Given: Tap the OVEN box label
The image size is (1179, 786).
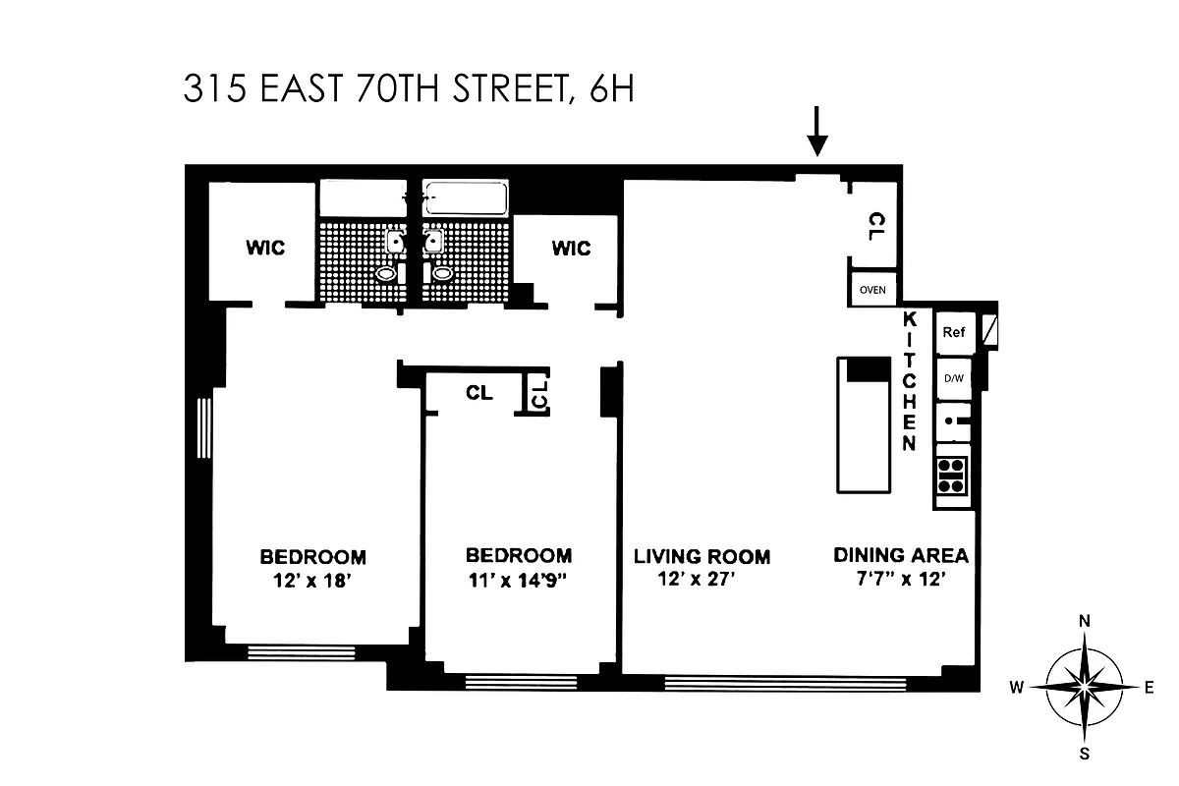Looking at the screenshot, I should pyautogui.click(x=872, y=290).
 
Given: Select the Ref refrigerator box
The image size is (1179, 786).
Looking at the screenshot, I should pyautogui.click(x=953, y=332).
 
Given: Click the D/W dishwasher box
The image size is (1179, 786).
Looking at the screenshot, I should pyautogui.click(x=953, y=378).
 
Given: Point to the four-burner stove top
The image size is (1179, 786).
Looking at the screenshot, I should pyautogui.click(x=951, y=476).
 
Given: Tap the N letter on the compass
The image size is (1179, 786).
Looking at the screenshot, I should pyautogui.click(x=1086, y=621).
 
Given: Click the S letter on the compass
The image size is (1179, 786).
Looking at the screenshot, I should pyautogui.click(x=1086, y=755).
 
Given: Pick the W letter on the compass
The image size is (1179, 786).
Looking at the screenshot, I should pyautogui.click(x=1019, y=688).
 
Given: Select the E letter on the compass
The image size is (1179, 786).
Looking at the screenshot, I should pyautogui.click(x=1150, y=688).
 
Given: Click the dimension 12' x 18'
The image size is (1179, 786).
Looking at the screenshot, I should pyautogui.click(x=312, y=580).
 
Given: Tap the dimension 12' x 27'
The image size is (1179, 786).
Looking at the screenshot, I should pyautogui.click(x=698, y=580).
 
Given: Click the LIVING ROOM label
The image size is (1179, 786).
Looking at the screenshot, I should pyautogui.click(x=702, y=556).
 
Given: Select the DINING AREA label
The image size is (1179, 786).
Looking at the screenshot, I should pyautogui.click(x=901, y=555).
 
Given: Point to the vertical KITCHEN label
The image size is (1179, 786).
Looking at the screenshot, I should pyautogui.click(x=910, y=381).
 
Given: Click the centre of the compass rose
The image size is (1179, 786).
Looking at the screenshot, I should pyautogui.click(x=1086, y=688).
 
